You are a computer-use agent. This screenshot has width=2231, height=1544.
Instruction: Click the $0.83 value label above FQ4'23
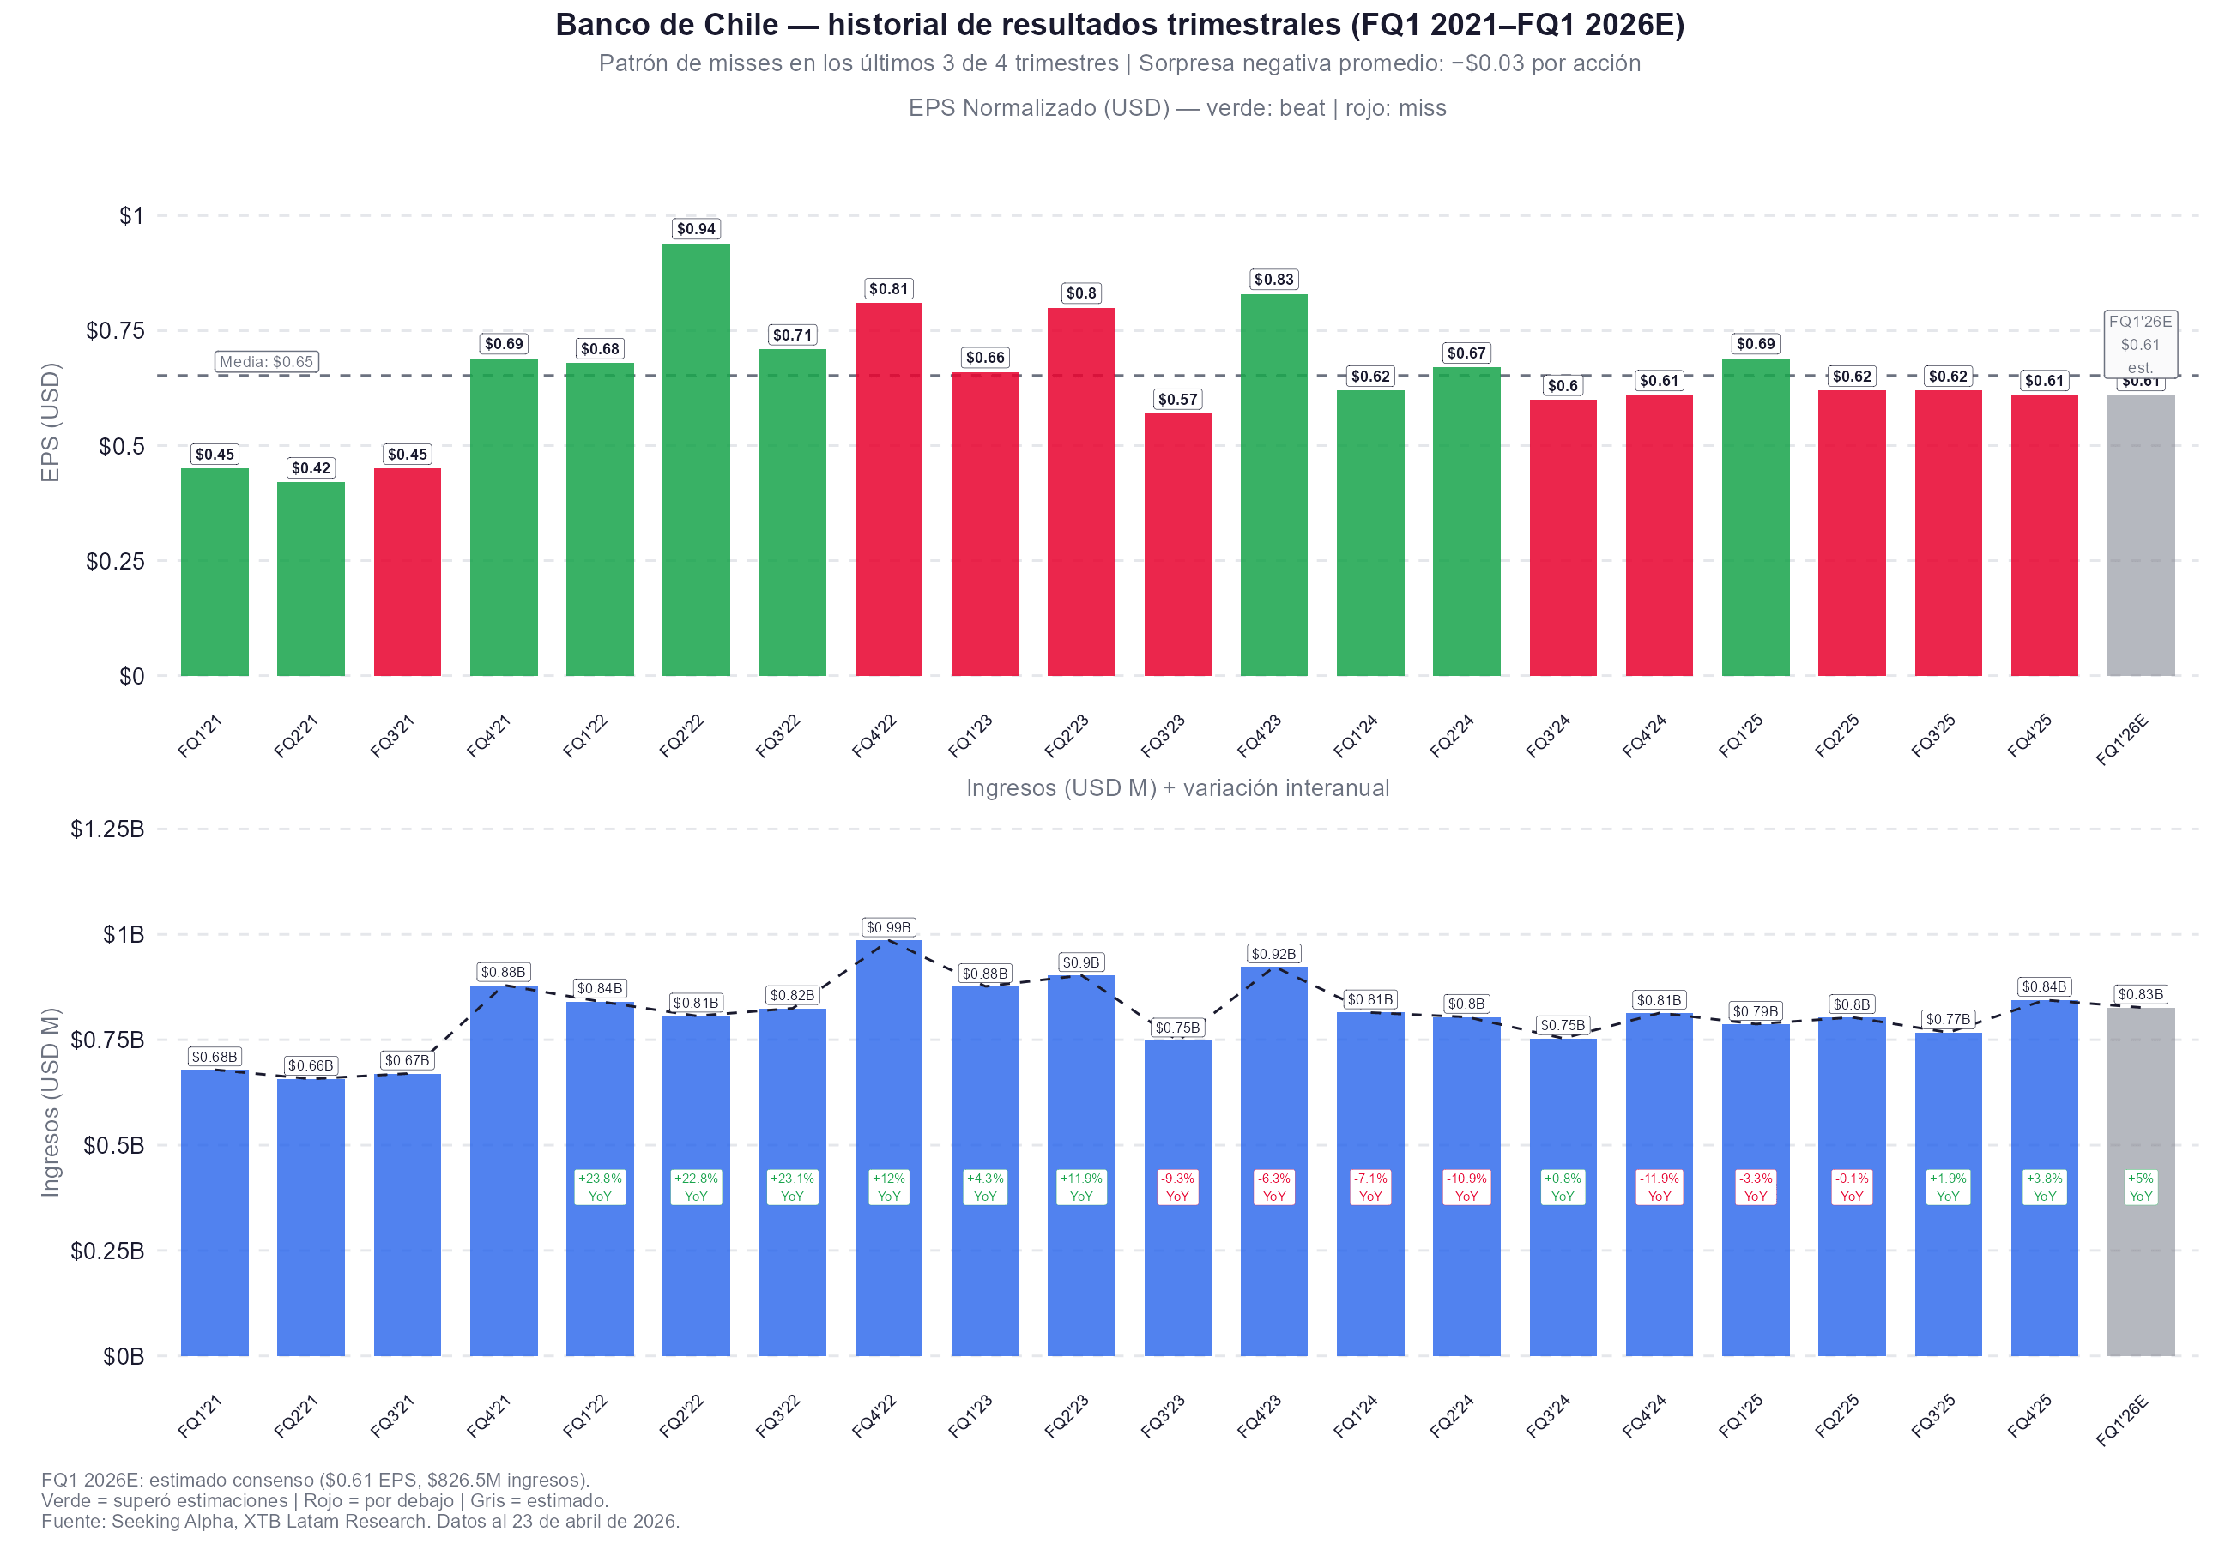(1273, 280)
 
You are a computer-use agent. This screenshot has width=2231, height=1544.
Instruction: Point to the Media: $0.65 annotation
(266, 362)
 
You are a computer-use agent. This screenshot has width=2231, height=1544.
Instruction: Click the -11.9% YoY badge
(1659, 1186)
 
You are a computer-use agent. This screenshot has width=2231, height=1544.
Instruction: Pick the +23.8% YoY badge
(600, 1186)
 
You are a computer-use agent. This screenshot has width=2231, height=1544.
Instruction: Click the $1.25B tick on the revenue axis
(106, 829)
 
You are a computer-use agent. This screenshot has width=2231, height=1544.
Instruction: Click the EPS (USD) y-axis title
(51, 422)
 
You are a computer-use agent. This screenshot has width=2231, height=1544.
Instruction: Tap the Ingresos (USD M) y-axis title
(51, 1102)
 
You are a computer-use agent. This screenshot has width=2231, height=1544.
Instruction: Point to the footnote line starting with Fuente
(360, 1521)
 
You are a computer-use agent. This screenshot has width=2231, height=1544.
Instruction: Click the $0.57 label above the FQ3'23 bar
(1177, 400)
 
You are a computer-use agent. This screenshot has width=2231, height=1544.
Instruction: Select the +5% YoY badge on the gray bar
(2140, 1186)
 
